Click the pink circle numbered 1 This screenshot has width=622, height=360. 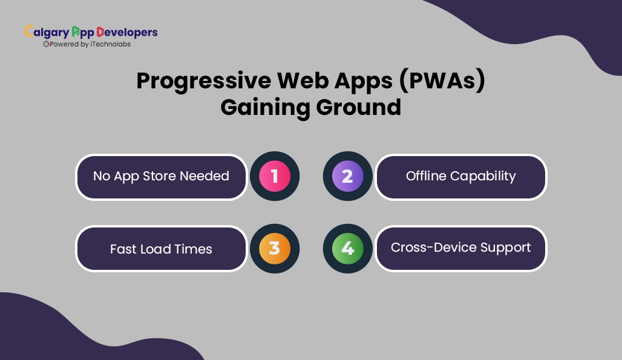(x=275, y=176)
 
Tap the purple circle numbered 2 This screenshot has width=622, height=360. (x=347, y=176)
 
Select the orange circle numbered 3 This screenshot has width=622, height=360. (x=275, y=249)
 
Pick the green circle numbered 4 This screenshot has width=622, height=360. (x=347, y=249)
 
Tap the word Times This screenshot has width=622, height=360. (x=193, y=249)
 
